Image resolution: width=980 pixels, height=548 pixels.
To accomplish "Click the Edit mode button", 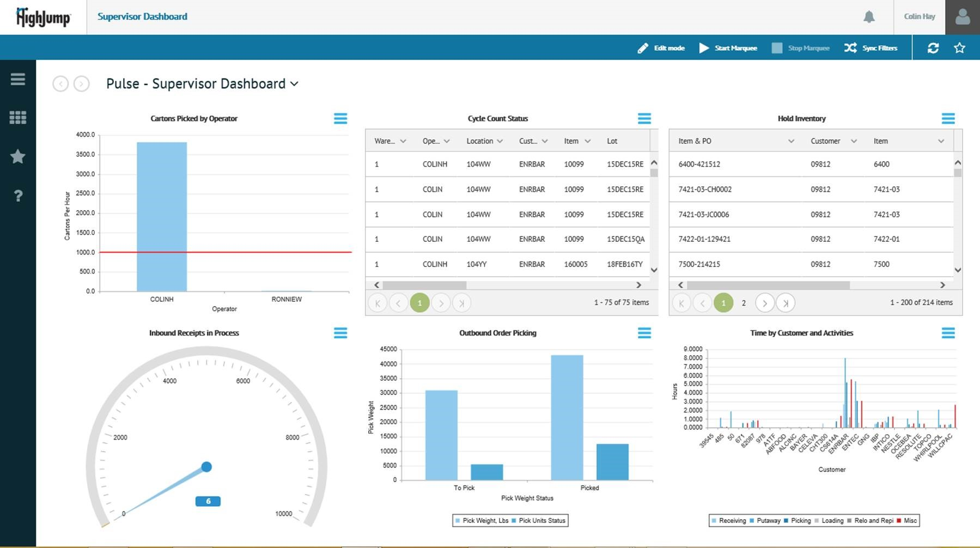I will (x=661, y=48).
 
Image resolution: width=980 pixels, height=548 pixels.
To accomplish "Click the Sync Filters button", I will (x=871, y=48).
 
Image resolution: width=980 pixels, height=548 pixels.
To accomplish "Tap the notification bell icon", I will (x=869, y=17).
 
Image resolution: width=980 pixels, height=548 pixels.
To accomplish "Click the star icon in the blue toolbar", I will (x=959, y=48).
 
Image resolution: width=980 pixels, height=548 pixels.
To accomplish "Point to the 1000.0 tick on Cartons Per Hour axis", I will (x=86, y=252).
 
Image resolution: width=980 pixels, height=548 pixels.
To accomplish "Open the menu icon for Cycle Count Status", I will (x=644, y=118).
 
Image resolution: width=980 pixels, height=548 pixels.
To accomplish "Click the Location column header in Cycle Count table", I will (x=479, y=141).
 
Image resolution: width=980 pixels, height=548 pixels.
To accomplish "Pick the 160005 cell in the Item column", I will (x=575, y=264).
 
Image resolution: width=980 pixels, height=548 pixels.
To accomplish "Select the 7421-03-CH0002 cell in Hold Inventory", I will (x=705, y=190).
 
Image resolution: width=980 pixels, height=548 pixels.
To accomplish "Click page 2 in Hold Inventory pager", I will (x=744, y=303).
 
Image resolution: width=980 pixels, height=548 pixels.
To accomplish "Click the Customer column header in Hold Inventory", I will (x=825, y=141).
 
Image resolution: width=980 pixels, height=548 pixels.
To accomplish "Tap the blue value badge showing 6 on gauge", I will (x=208, y=501).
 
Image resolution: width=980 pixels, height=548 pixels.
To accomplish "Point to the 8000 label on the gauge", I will (x=292, y=437).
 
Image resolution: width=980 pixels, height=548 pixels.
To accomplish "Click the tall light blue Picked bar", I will (x=567, y=417).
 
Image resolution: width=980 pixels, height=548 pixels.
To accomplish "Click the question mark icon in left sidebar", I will (x=18, y=196).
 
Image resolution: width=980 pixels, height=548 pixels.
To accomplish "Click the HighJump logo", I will (x=43, y=17).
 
